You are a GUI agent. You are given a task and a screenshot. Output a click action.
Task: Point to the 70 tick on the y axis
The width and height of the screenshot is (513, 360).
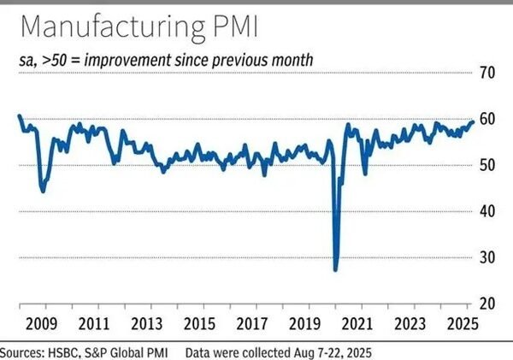(x=487, y=73)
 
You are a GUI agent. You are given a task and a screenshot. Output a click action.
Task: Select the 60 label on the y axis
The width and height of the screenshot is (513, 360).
(x=487, y=119)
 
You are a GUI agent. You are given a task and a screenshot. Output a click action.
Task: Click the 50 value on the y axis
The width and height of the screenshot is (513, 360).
(x=487, y=165)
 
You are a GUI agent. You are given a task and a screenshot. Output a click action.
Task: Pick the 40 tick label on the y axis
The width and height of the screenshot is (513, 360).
(x=487, y=211)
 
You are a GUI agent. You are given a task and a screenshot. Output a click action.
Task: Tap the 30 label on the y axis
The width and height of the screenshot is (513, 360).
(x=487, y=257)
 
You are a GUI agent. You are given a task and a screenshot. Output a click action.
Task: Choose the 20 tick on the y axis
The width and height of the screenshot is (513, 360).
(x=487, y=304)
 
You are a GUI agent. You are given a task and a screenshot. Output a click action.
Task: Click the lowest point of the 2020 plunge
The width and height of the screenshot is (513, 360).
(x=335, y=269)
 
